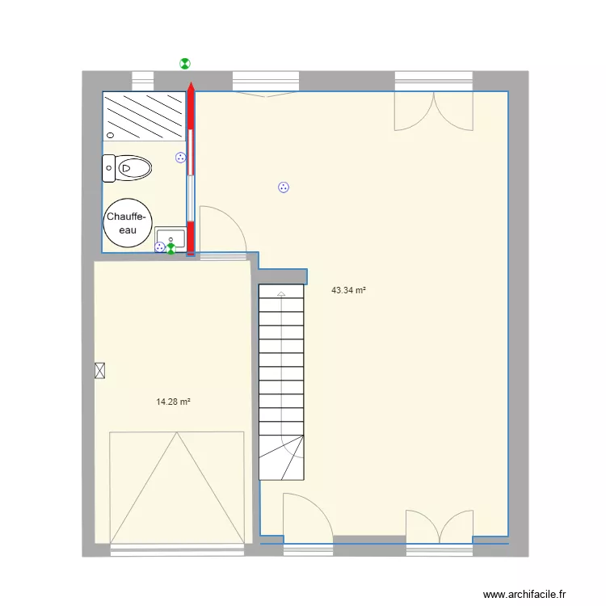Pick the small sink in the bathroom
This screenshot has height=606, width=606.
[170, 238]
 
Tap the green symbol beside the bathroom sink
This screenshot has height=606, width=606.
[170, 249]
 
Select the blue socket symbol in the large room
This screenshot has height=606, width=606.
[284, 187]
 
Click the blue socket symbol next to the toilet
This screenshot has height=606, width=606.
[181, 158]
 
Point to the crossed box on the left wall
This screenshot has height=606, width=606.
[99, 370]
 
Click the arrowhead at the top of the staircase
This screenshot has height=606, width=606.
[280, 294]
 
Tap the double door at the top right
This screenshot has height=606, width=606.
[433, 110]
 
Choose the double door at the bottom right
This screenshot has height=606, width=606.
[439, 524]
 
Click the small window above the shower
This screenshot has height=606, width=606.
[142, 81]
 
